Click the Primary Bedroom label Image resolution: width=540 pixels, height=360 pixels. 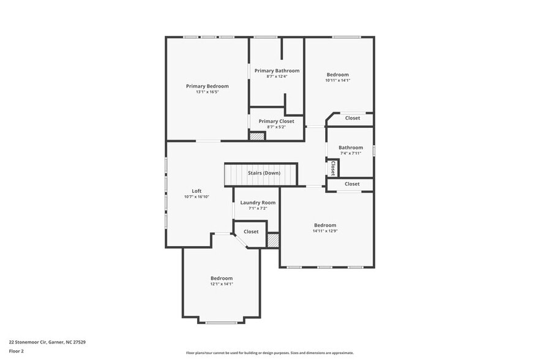coord(207,86)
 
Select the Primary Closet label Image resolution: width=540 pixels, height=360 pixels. coord(276,121)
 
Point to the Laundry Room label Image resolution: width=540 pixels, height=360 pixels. coord(258,203)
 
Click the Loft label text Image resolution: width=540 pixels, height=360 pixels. coord(197,191)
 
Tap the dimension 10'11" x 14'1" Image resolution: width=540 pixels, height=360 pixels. coord(337,80)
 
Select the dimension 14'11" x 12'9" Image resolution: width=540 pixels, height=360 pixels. coord(325,231)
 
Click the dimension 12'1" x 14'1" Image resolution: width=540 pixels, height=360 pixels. coord(222,283)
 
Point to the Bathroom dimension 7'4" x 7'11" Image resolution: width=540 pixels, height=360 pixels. coord(351,153)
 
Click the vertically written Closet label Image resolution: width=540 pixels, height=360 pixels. coord(332,168)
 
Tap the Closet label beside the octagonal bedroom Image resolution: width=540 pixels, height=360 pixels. coord(251,232)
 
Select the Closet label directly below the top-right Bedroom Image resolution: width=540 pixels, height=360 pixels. coord(352,118)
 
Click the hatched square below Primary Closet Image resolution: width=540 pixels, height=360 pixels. coord(257,136)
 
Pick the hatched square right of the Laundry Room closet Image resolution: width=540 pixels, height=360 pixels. coord(273,241)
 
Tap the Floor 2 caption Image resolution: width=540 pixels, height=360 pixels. coord(17,351)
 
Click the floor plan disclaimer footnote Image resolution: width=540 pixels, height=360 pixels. coord(269,353)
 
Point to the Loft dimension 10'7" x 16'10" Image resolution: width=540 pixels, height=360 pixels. coord(197,197)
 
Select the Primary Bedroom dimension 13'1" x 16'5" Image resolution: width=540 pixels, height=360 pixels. coord(207,92)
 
